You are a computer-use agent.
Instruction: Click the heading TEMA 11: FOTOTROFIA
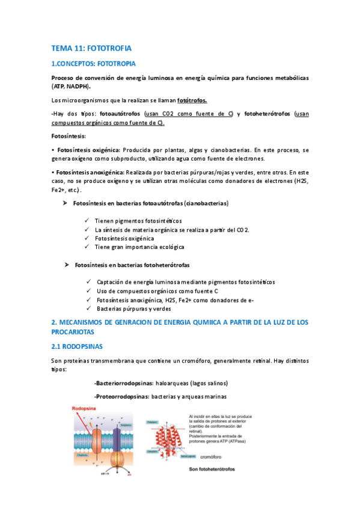coord(91,47)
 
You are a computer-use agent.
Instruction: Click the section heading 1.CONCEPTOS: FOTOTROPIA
coord(94,64)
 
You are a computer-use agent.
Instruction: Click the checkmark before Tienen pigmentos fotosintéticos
coord(88,221)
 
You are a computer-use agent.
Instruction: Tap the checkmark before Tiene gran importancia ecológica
coord(88,247)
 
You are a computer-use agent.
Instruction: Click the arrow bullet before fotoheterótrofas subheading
coord(67,265)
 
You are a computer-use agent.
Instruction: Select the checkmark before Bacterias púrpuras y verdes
coord(89,309)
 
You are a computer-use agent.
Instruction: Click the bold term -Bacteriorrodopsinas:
coord(123,383)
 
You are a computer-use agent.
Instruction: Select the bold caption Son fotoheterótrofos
coord(212,469)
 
